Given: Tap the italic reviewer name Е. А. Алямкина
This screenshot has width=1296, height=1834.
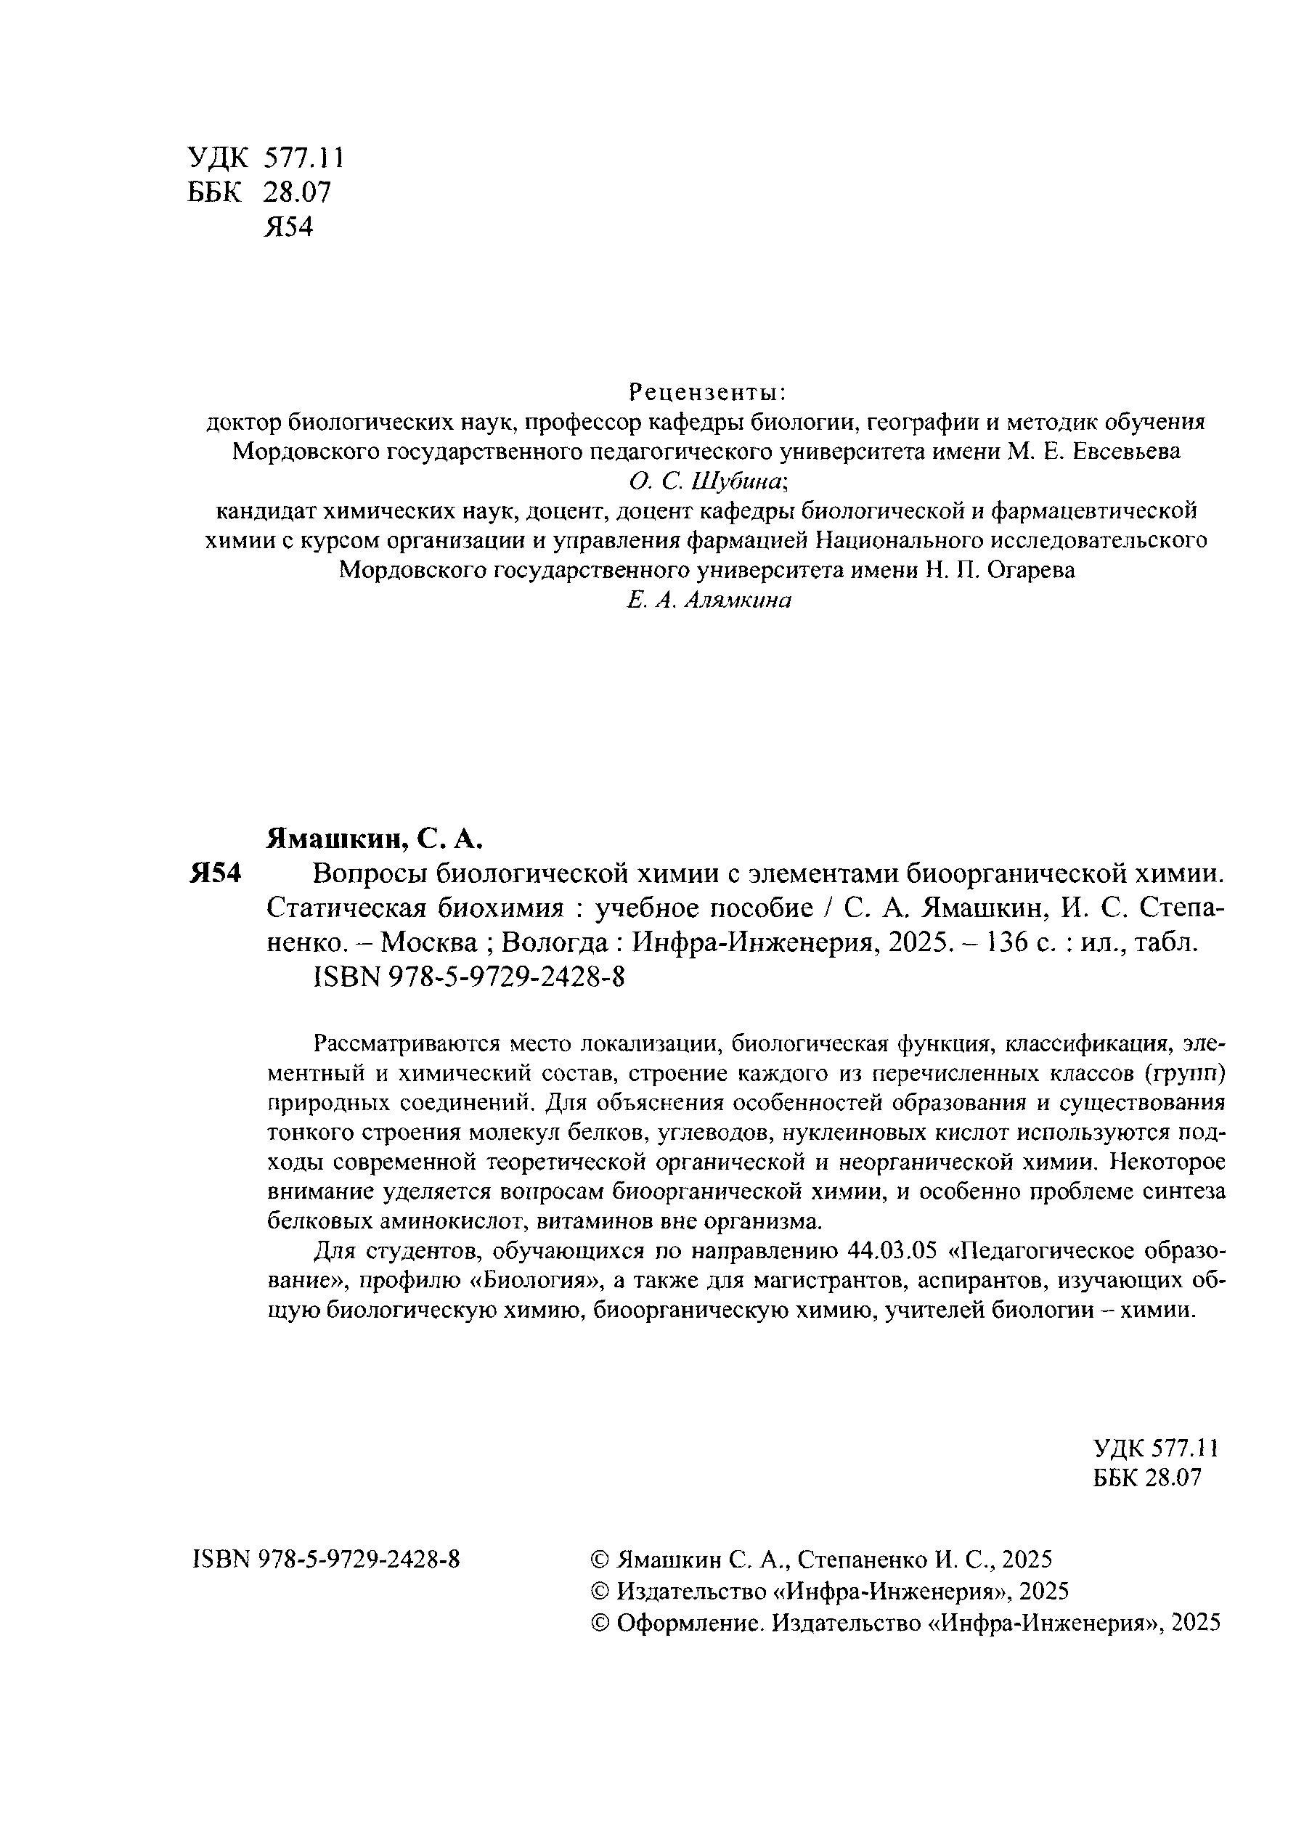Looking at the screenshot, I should [x=709, y=600].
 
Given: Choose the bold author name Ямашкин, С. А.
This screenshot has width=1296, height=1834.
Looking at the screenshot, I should [x=375, y=839].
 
